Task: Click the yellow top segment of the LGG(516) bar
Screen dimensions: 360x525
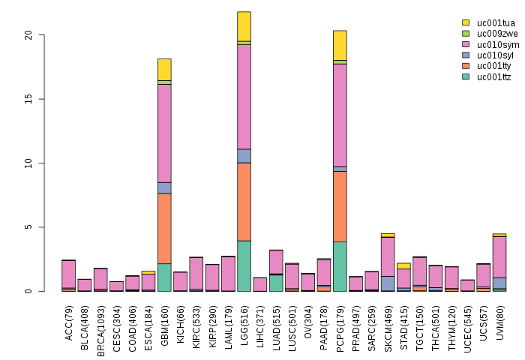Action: [x=244, y=26]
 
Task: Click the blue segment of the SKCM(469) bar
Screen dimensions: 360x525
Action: [x=388, y=283]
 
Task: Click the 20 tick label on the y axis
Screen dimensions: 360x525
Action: [x=28, y=35]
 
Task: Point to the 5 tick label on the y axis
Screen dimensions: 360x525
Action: [x=31, y=227]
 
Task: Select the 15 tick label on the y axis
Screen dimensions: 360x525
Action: [x=28, y=99]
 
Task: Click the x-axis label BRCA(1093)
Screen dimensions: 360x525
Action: [x=101, y=323]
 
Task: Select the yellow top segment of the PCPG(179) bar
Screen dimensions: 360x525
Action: [x=340, y=45]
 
